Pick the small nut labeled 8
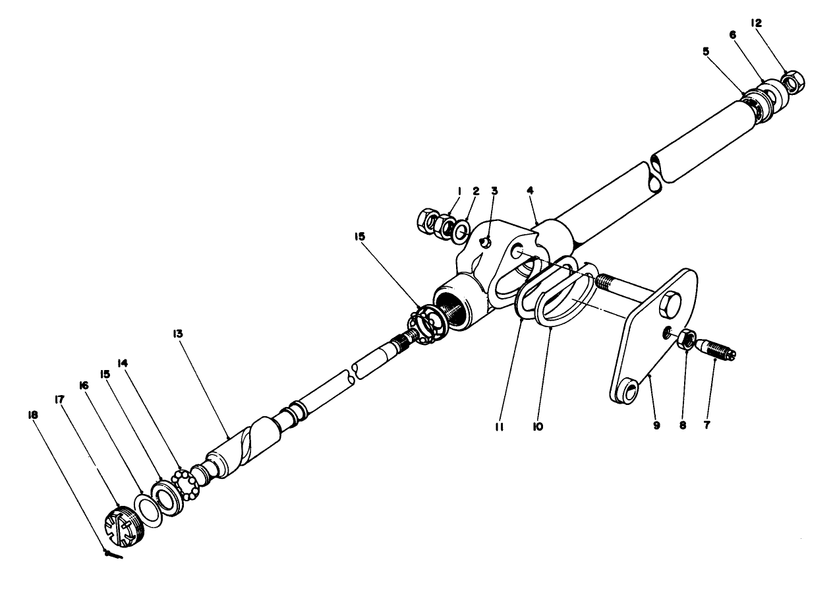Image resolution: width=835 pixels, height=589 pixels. click(685, 338)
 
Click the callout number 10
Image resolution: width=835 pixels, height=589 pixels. click(538, 427)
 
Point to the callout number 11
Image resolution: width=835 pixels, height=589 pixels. click(499, 427)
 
